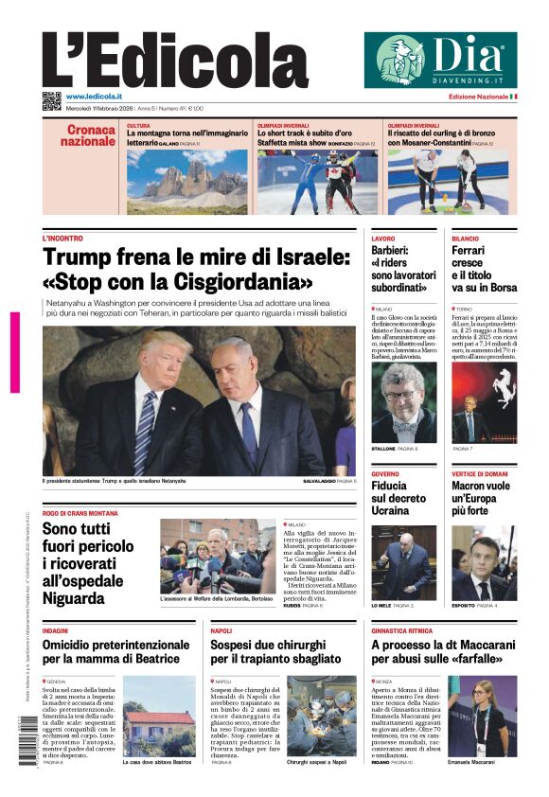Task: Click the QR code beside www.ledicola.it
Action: pos(51,100)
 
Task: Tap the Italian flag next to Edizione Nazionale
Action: pos(513,97)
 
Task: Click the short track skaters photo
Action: pos(316,182)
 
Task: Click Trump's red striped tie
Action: pos(145,431)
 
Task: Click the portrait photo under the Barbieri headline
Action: pos(403,402)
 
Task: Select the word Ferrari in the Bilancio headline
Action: pos(472,250)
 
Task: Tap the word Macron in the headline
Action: pos(473,485)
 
